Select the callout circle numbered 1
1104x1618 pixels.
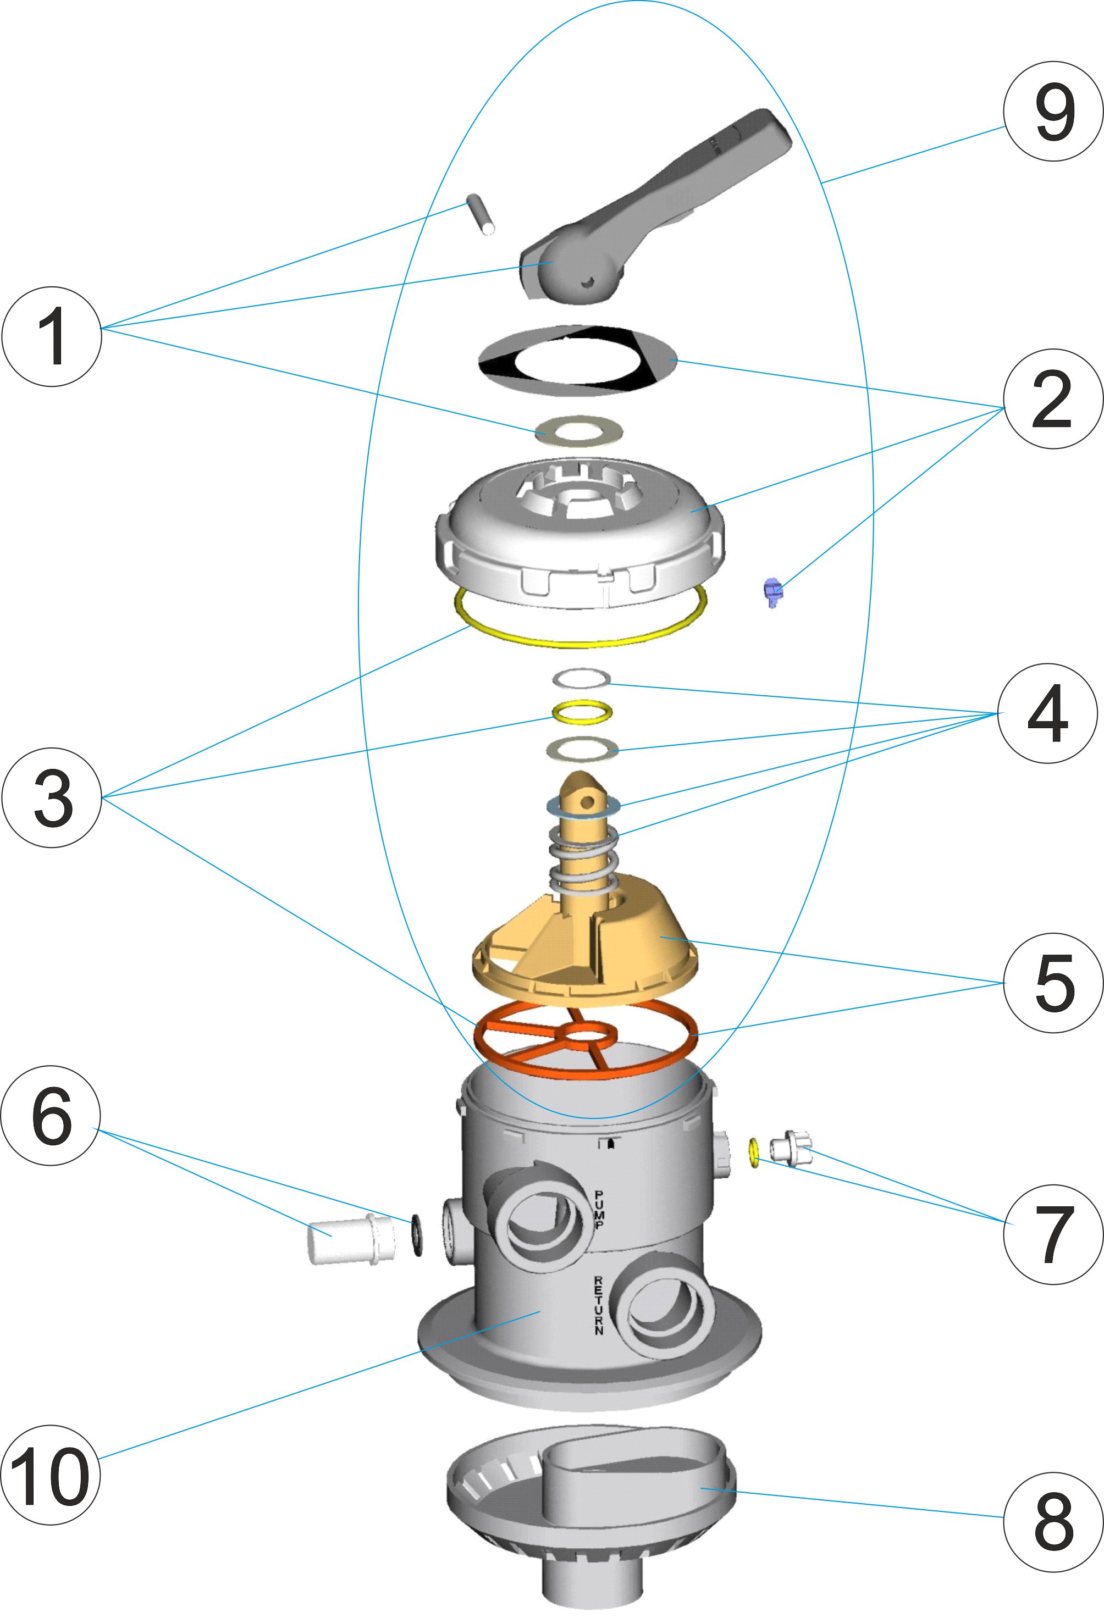click(52, 336)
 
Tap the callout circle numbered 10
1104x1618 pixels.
click(50, 1475)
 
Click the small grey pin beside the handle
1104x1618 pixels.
click(480, 217)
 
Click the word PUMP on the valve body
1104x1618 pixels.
click(599, 1210)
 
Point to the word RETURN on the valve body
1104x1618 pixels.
click(598, 1305)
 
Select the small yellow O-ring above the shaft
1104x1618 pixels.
click(582, 712)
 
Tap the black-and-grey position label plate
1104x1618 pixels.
click(578, 361)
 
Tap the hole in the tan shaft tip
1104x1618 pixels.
click(587, 802)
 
